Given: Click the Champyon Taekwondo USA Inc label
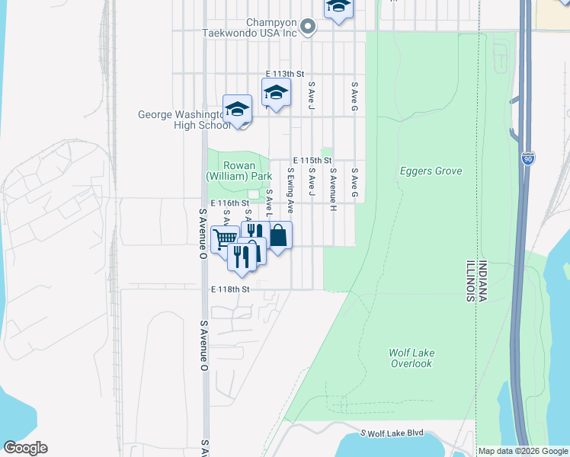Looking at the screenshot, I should pyautogui.click(x=248, y=27).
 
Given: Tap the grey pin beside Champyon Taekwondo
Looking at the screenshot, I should pyautogui.click(x=307, y=27).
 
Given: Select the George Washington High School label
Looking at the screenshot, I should pyautogui.click(x=183, y=120).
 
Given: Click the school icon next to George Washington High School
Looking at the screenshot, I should pyautogui.click(x=237, y=110).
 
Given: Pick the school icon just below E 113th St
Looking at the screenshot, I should pyautogui.click(x=276, y=95).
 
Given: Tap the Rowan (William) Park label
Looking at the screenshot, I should pyautogui.click(x=239, y=171).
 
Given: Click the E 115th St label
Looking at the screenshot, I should pyautogui.click(x=312, y=161).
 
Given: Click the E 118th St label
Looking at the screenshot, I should pyautogui.click(x=230, y=289).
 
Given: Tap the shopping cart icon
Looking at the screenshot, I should pyautogui.click(x=224, y=239).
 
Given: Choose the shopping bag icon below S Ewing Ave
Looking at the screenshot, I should pyautogui.click(x=279, y=236).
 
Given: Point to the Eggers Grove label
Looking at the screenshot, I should pyautogui.click(x=431, y=171).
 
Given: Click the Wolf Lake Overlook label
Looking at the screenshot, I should pyautogui.click(x=411, y=358).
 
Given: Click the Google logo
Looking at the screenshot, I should pyautogui.click(x=25, y=448).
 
